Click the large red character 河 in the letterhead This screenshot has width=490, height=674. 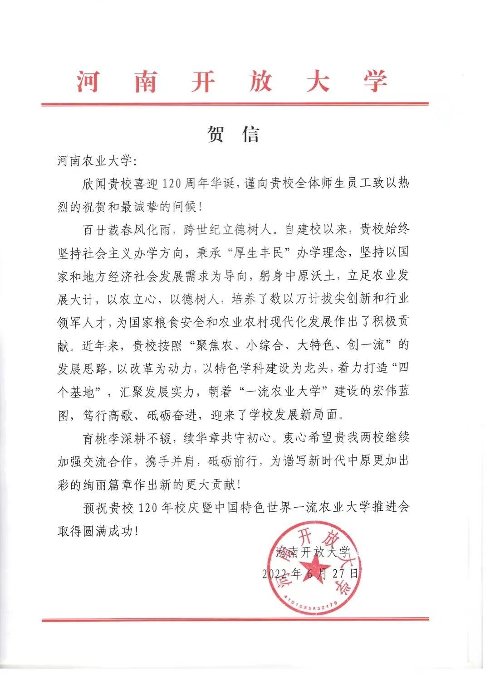[x=88, y=82]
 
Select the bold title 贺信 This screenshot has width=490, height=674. [x=234, y=134]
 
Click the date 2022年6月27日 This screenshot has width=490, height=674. [x=311, y=573]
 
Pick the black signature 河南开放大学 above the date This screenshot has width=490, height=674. [x=313, y=552]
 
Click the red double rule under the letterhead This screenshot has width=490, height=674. [x=235, y=104]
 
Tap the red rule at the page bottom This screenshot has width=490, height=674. [x=235, y=619]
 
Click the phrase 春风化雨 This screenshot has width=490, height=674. [x=144, y=229]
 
